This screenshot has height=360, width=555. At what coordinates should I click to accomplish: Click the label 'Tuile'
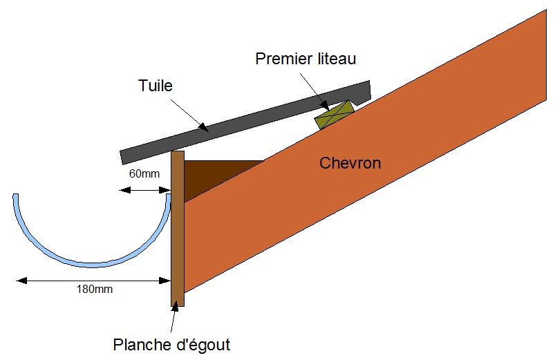(155, 86)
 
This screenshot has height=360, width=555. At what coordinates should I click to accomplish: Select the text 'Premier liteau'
(305, 59)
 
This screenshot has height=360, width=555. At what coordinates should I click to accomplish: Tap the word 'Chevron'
(350, 163)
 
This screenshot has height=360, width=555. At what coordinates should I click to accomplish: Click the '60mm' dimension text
(143, 173)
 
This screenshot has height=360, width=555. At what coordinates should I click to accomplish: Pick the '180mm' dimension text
(94, 290)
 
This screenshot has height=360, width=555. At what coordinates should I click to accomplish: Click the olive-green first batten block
(334, 115)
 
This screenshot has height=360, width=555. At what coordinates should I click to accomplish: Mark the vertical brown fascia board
(178, 228)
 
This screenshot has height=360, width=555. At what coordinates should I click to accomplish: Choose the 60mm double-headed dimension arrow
(144, 189)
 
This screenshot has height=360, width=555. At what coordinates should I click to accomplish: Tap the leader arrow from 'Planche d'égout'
(173, 321)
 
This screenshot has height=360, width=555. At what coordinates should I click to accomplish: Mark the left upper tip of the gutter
(15, 196)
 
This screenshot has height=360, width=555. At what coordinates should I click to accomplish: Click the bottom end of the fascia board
(178, 304)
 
